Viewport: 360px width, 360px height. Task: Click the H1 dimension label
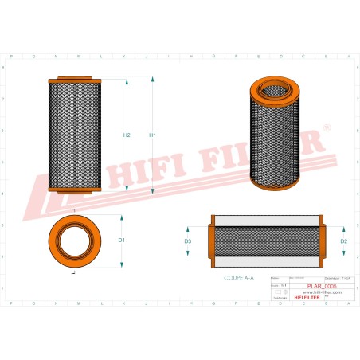point(152,135)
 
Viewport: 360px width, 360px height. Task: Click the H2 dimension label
point(127,135)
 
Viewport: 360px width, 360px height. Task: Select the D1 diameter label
point(122,240)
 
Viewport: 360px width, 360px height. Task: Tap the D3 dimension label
point(188,240)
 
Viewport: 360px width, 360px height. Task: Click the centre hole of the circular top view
point(77,240)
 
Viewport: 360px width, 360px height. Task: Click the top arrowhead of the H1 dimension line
point(152,80)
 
